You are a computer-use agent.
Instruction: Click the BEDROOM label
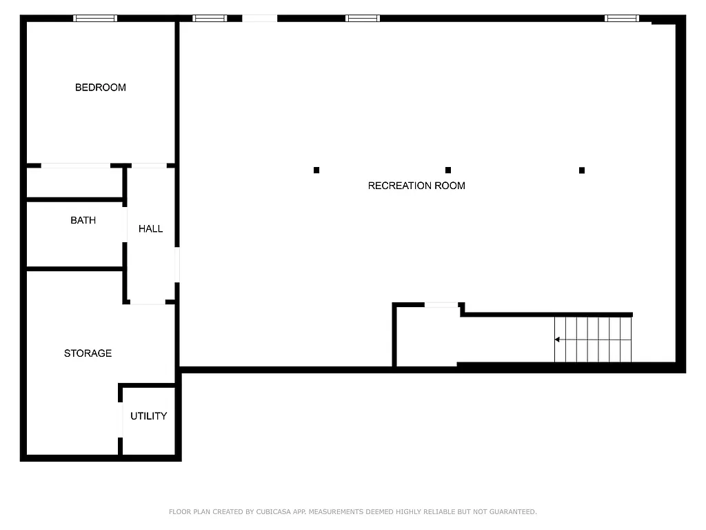[x=101, y=88]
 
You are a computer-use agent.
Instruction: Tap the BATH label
[x=83, y=221]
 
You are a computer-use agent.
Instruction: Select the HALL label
[x=150, y=229]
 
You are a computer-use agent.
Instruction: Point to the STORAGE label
[x=88, y=353]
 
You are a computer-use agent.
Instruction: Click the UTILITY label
[x=148, y=416]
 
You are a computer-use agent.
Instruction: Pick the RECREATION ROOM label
[x=416, y=186]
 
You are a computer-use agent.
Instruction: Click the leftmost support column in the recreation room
[x=316, y=170]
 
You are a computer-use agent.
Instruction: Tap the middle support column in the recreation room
[x=448, y=170]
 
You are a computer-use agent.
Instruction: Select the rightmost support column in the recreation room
[x=582, y=170]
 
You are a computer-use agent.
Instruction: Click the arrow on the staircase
[x=557, y=340]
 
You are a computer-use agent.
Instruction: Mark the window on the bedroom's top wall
[x=95, y=19]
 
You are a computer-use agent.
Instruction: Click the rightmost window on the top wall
[x=622, y=19]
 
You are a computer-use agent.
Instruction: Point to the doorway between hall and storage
[x=148, y=302]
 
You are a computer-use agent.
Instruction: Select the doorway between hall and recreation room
[x=177, y=265]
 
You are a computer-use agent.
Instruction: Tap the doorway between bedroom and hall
[x=149, y=166]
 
